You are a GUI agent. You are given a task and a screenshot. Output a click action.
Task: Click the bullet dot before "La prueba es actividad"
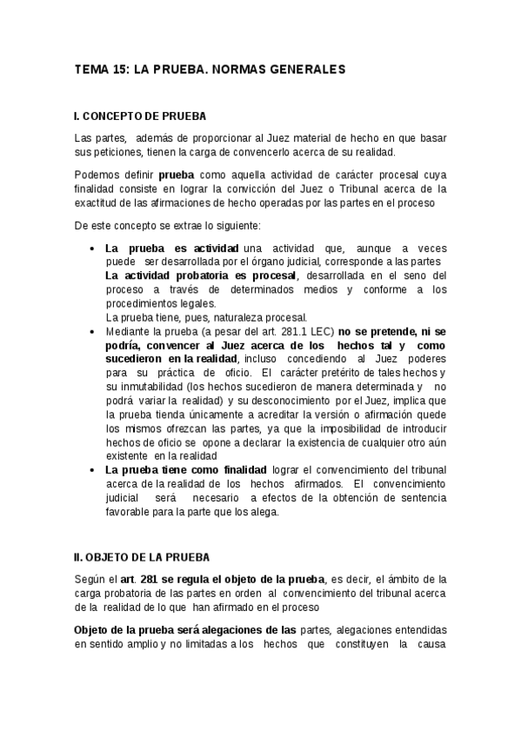tap(93, 249)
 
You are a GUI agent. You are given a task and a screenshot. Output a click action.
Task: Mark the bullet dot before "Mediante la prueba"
tap(93, 331)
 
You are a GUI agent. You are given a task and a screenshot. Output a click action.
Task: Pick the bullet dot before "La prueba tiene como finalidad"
tap(93, 469)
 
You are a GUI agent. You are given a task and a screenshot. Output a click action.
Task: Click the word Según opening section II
tap(90, 579)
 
